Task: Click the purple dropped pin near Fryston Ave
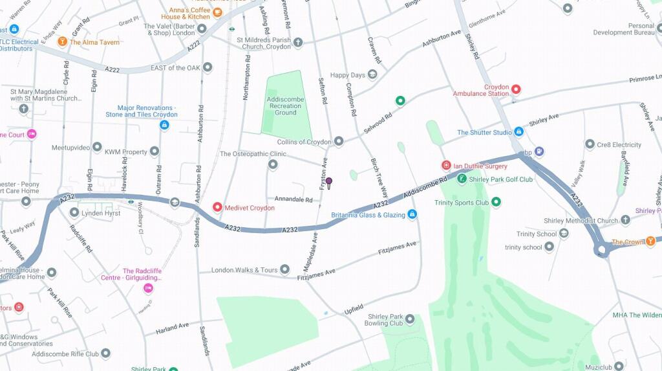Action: [329, 183]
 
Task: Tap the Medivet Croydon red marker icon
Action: [218, 208]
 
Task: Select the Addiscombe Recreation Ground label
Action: [285, 106]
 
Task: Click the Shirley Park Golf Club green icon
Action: [462, 179]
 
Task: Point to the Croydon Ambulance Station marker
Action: [516, 89]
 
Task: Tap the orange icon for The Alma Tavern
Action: [62, 42]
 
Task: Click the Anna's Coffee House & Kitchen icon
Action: [218, 12]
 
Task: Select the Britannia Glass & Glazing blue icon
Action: [412, 214]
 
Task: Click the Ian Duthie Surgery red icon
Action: [445, 166]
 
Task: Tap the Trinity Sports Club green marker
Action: [496, 202]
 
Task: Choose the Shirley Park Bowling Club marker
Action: [409, 318]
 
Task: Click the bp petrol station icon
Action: [539, 152]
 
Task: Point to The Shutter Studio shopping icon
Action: [518, 132]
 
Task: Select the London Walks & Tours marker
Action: [285, 269]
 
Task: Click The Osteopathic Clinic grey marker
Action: [273, 165]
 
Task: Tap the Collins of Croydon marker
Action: [338, 141]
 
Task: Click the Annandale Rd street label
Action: [294, 198]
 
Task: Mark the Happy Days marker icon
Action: [372, 75]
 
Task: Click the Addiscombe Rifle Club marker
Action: [105, 354]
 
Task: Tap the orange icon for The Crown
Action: [650, 242]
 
